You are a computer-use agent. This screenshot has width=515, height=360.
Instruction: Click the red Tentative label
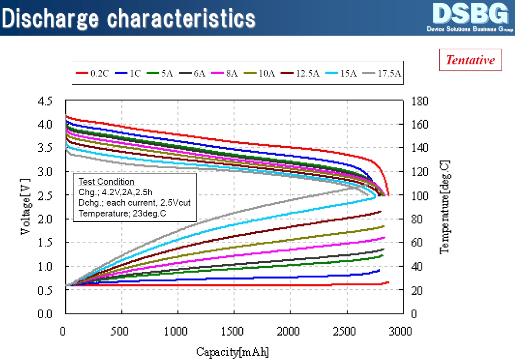click(x=470, y=60)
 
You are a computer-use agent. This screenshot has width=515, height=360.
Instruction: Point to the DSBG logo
click(x=470, y=17)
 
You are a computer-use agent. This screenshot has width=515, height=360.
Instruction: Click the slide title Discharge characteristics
click(x=128, y=18)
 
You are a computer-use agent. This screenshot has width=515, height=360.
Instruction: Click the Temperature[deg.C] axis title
click(x=444, y=207)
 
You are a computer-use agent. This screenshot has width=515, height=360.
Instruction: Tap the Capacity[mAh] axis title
click(x=232, y=351)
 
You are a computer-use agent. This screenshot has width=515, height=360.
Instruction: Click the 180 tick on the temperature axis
click(x=420, y=101)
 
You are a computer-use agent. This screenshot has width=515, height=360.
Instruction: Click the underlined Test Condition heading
click(x=106, y=182)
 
